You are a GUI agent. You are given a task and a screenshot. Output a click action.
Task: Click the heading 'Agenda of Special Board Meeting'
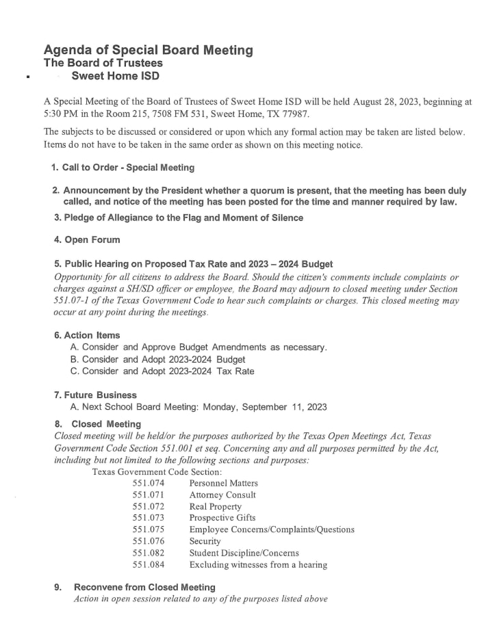pos(148,50)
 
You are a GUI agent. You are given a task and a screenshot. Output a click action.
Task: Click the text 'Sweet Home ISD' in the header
pos(116,76)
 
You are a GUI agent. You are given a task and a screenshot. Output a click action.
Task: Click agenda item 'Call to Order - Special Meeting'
pos(128,168)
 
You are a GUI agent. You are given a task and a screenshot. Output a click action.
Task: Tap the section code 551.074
pos(149,483)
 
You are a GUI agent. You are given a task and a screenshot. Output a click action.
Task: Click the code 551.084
pos(149,565)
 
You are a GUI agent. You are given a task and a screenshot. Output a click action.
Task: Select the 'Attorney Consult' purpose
pos(222,495)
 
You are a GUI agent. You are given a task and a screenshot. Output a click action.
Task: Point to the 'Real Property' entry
pos(216,507)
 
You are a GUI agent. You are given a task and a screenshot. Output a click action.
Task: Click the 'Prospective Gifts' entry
pos(222,518)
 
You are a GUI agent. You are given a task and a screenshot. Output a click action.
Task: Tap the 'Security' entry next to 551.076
pos(205,541)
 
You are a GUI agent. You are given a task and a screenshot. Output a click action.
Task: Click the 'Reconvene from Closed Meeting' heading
pos(144,587)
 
